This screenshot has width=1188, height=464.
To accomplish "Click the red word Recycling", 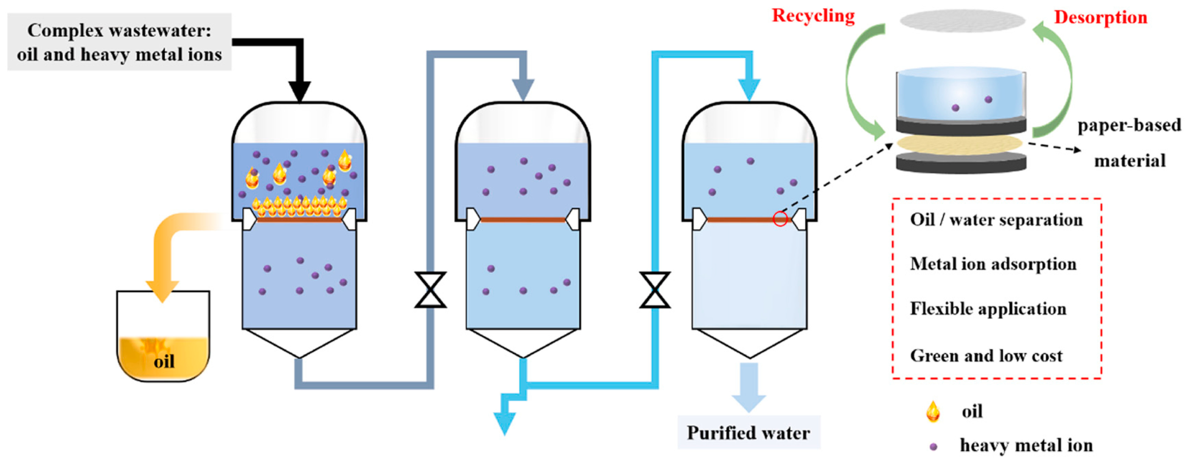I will pos(813,16).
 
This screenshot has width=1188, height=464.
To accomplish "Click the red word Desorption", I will pos(1100,18).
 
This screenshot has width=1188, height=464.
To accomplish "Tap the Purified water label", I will pos(748,433).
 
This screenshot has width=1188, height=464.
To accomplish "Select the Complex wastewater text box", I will pos(119,42).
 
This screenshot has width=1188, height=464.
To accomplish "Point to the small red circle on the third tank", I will pos(780,219).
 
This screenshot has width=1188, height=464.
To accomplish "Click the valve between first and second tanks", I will pos(430,290).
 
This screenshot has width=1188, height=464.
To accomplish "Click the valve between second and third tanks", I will pos(655,290).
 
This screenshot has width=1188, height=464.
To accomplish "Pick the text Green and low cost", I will pos(986,356).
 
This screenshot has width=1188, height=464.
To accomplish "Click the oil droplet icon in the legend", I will pos(933,411).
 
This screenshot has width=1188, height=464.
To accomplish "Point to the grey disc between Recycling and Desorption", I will pos(962,21).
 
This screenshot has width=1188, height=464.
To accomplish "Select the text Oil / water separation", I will pos(996,220).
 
